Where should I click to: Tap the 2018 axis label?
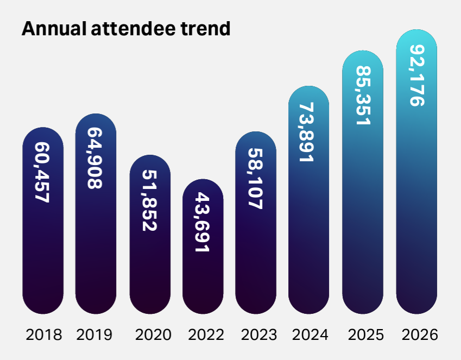coord(44,334)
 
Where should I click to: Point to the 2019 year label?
coord(94,334)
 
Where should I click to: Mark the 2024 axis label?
coord(310,334)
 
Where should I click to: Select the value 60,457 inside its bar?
coord(42,173)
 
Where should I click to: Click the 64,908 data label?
coord(96,158)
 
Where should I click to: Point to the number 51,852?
coord(149,200)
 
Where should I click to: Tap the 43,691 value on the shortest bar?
coord(203,222)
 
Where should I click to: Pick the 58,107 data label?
coord(256,179)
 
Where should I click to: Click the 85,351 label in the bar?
coord(363,96)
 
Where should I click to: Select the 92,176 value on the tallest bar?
coord(416,75)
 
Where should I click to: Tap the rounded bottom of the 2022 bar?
coord(203,306)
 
